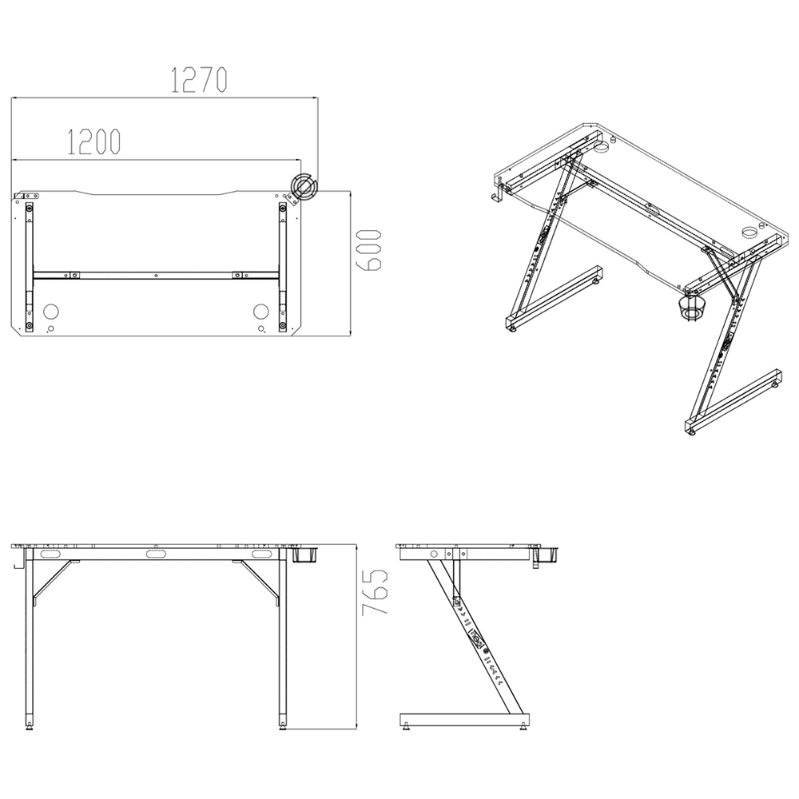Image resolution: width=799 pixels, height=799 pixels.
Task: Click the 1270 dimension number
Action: [200, 79]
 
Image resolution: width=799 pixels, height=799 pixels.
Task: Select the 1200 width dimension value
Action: [93, 141]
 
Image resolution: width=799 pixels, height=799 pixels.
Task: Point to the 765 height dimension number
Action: [375, 592]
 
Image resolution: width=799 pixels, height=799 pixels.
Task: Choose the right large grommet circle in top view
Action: [261, 311]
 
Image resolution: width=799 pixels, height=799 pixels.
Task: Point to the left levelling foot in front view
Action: [31, 725]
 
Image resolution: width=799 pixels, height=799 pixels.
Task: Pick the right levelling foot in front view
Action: [283, 725]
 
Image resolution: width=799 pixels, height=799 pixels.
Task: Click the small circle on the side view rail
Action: [434, 553]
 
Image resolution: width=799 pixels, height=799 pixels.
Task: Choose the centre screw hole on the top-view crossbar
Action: [156, 275]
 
